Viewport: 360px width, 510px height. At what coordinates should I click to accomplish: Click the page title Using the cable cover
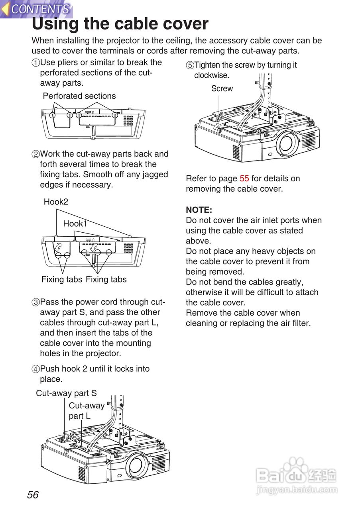(120, 24)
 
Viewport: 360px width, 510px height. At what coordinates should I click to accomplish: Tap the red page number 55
(244, 178)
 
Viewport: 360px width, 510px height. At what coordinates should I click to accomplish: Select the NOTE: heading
(199, 210)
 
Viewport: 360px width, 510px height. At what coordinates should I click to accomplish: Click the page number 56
(33, 495)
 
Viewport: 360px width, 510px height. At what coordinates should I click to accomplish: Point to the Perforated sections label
(79, 96)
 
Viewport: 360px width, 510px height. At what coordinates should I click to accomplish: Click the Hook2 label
(56, 202)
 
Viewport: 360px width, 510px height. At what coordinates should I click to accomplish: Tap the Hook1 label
(75, 224)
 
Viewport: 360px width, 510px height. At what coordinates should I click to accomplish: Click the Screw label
(222, 88)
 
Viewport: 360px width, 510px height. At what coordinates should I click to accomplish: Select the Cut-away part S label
(66, 393)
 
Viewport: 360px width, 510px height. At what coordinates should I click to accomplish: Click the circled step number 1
(36, 63)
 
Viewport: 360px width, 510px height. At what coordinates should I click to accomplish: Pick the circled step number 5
(190, 65)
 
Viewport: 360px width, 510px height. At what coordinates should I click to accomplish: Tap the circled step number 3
(36, 302)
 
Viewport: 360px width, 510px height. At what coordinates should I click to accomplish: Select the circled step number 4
(36, 369)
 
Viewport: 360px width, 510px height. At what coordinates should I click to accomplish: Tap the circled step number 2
(36, 154)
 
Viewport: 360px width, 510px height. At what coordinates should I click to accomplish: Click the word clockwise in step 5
(211, 75)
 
